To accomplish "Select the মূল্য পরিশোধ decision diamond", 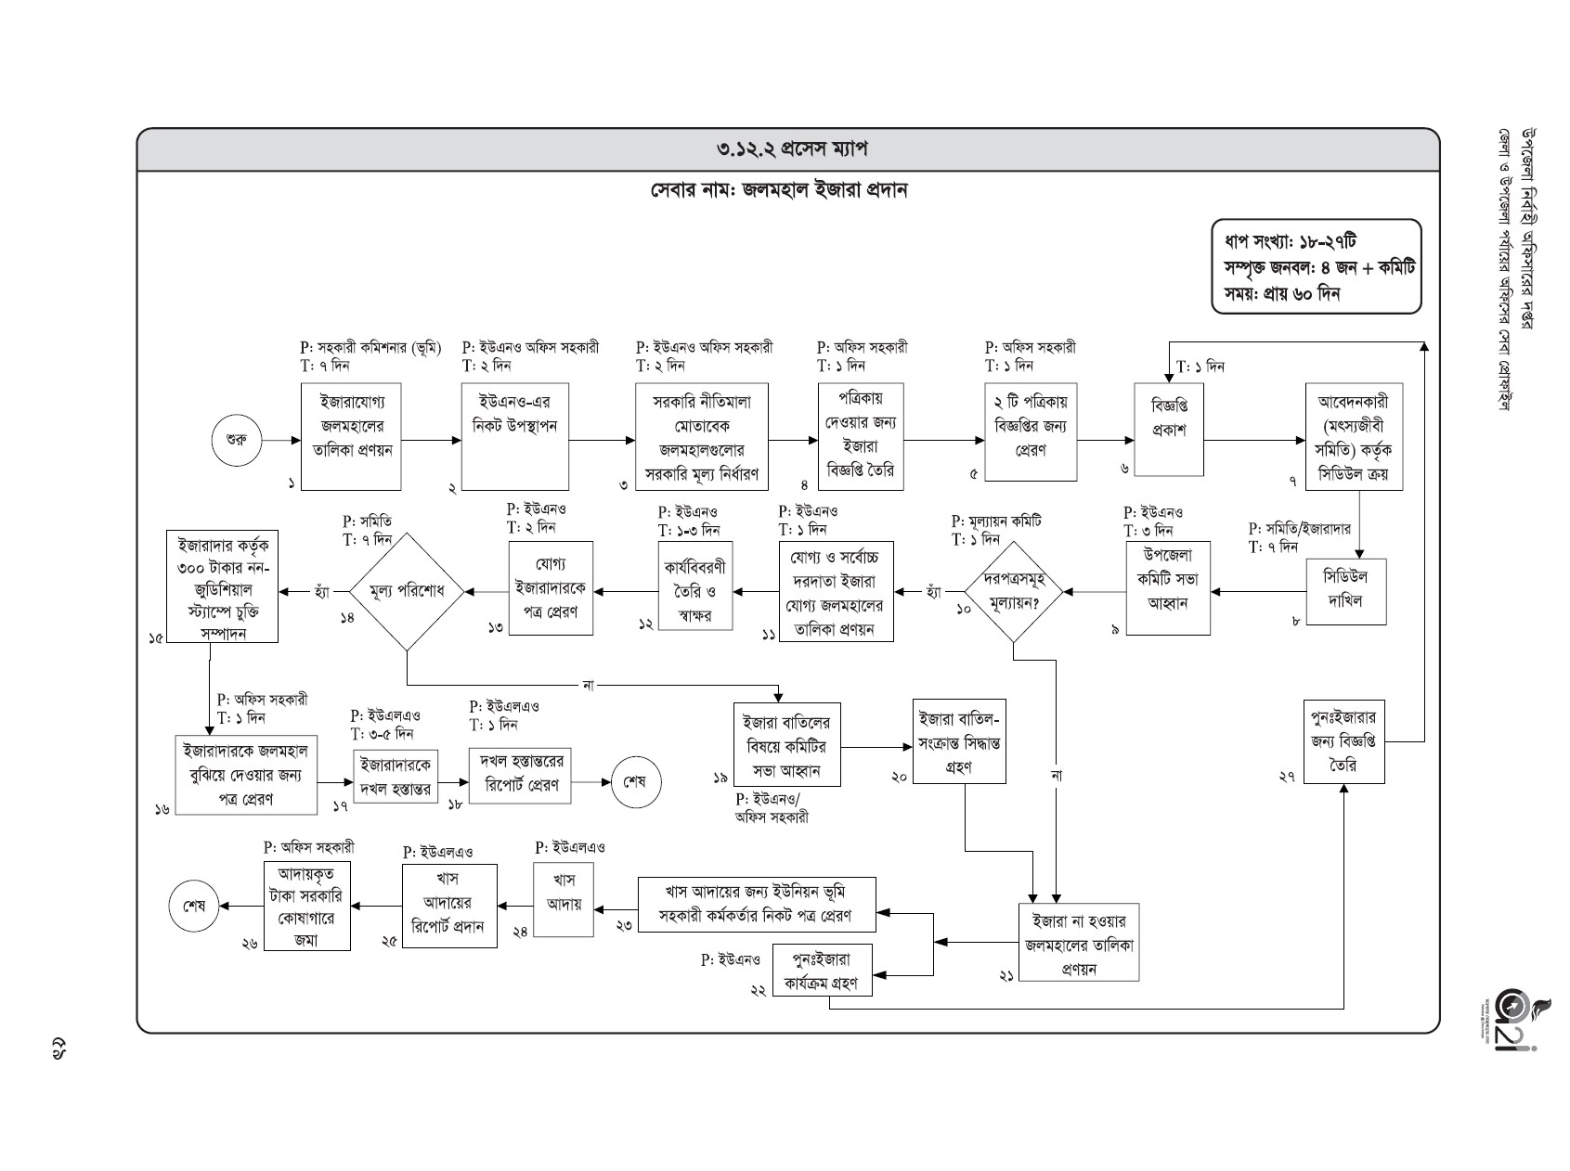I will pyautogui.click(x=407, y=591).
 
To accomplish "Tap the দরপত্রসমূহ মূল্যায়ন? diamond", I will pyautogui.click(x=1013, y=591).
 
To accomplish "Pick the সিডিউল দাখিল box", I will pyautogui.click(x=1345, y=591).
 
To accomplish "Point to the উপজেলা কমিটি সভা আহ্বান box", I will pyautogui.click(x=1167, y=588).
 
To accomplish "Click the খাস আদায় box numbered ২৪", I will pyautogui.click(x=564, y=899).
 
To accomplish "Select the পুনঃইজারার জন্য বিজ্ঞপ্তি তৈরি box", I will pyautogui.click(x=1343, y=741).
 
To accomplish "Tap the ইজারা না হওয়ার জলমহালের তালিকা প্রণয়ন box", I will pyautogui.click(x=1079, y=942).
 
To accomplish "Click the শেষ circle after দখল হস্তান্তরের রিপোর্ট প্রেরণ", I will pyautogui.click(x=635, y=782).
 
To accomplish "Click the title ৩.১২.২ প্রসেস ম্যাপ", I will pyautogui.click(x=788, y=149).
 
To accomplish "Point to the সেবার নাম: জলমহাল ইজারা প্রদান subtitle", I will pyautogui.click(x=778, y=191).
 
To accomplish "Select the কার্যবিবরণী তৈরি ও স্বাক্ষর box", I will pyautogui.click(x=694, y=585).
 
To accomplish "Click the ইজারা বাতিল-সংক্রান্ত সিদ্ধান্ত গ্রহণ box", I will pyautogui.click(x=959, y=741).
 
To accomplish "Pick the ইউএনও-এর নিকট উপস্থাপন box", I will pyautogui.click(x=516, y=437).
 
